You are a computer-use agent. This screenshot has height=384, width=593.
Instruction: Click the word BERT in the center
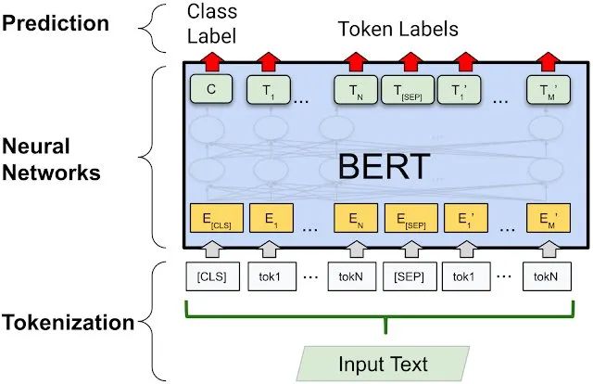384,166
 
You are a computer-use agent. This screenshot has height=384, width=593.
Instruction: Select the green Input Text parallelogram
384,362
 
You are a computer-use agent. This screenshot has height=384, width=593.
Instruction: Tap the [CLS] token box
210,275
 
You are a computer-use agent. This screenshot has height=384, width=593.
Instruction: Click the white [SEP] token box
410,275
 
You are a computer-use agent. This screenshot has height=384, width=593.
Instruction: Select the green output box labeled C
210,89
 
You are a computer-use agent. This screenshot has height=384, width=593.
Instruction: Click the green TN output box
355,89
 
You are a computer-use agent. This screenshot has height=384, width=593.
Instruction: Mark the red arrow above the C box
210,63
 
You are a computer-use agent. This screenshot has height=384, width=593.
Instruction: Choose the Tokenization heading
67,323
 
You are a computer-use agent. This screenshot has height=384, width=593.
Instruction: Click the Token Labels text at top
399,29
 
